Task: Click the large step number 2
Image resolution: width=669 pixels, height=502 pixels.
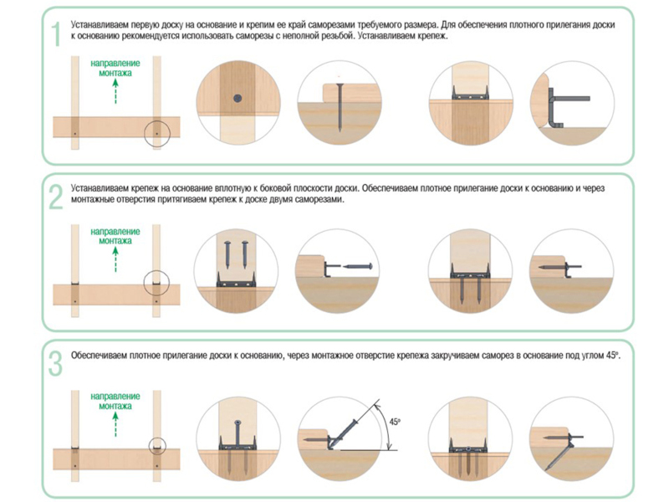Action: click(x=56, y=197)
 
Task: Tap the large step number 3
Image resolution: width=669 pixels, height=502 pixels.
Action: click(x=56, y=361)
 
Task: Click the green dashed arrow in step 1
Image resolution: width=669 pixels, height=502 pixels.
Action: click(x=115, y=91)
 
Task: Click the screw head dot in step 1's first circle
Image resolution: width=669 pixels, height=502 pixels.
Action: click(x=237, y=98)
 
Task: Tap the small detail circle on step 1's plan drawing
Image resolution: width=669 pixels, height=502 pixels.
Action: click(x=156, y=132)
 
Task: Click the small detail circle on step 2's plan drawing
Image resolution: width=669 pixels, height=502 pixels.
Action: click(x=156, y=284)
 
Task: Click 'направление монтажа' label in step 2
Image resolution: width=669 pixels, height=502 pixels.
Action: click(x=115, y=235)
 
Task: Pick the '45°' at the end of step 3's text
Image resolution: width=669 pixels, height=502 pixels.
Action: click(x=615, y=355)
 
